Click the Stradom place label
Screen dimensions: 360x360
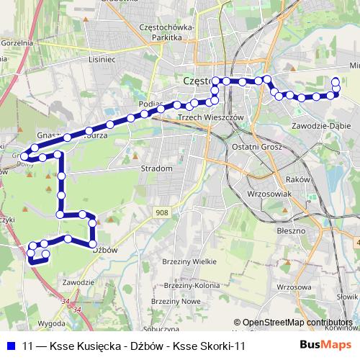tap(158, 168)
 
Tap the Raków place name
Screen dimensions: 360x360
tap(297, 179)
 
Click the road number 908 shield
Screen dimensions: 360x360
tap(162, 212)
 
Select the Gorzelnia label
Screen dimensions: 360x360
tap(17, 43)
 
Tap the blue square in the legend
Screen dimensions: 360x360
tap(11, 346)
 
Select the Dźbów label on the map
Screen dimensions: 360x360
tap(105, 250)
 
